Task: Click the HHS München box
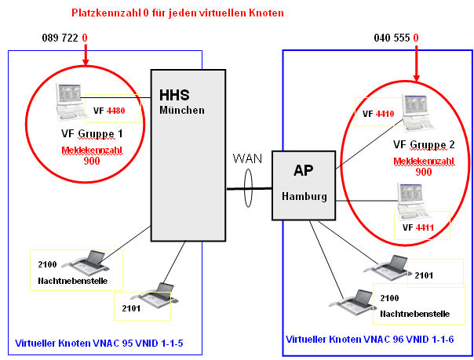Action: (188, 155)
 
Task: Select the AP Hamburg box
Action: (304, 185)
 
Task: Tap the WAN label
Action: (247, 159)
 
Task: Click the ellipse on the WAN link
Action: (248, 188)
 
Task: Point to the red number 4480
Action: (116, 111)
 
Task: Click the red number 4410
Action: (385, 114)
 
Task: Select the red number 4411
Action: (425, 227)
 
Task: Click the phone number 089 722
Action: (60, 38)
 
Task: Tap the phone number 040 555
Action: (392, 38)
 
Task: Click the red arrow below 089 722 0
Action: (86, 55)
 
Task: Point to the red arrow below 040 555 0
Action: (416, 64)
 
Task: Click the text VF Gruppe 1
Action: (92, 134)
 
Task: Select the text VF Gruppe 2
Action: (424, 144)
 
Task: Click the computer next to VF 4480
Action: (70, 102)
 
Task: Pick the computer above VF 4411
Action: (412, 200)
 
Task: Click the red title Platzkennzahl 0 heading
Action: (177, 13)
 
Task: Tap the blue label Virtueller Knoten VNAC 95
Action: (99, 343)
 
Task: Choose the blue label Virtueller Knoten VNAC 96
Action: (370, 339)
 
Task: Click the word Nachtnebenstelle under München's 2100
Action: (72, 281)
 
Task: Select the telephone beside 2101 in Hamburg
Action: (388, 267)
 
